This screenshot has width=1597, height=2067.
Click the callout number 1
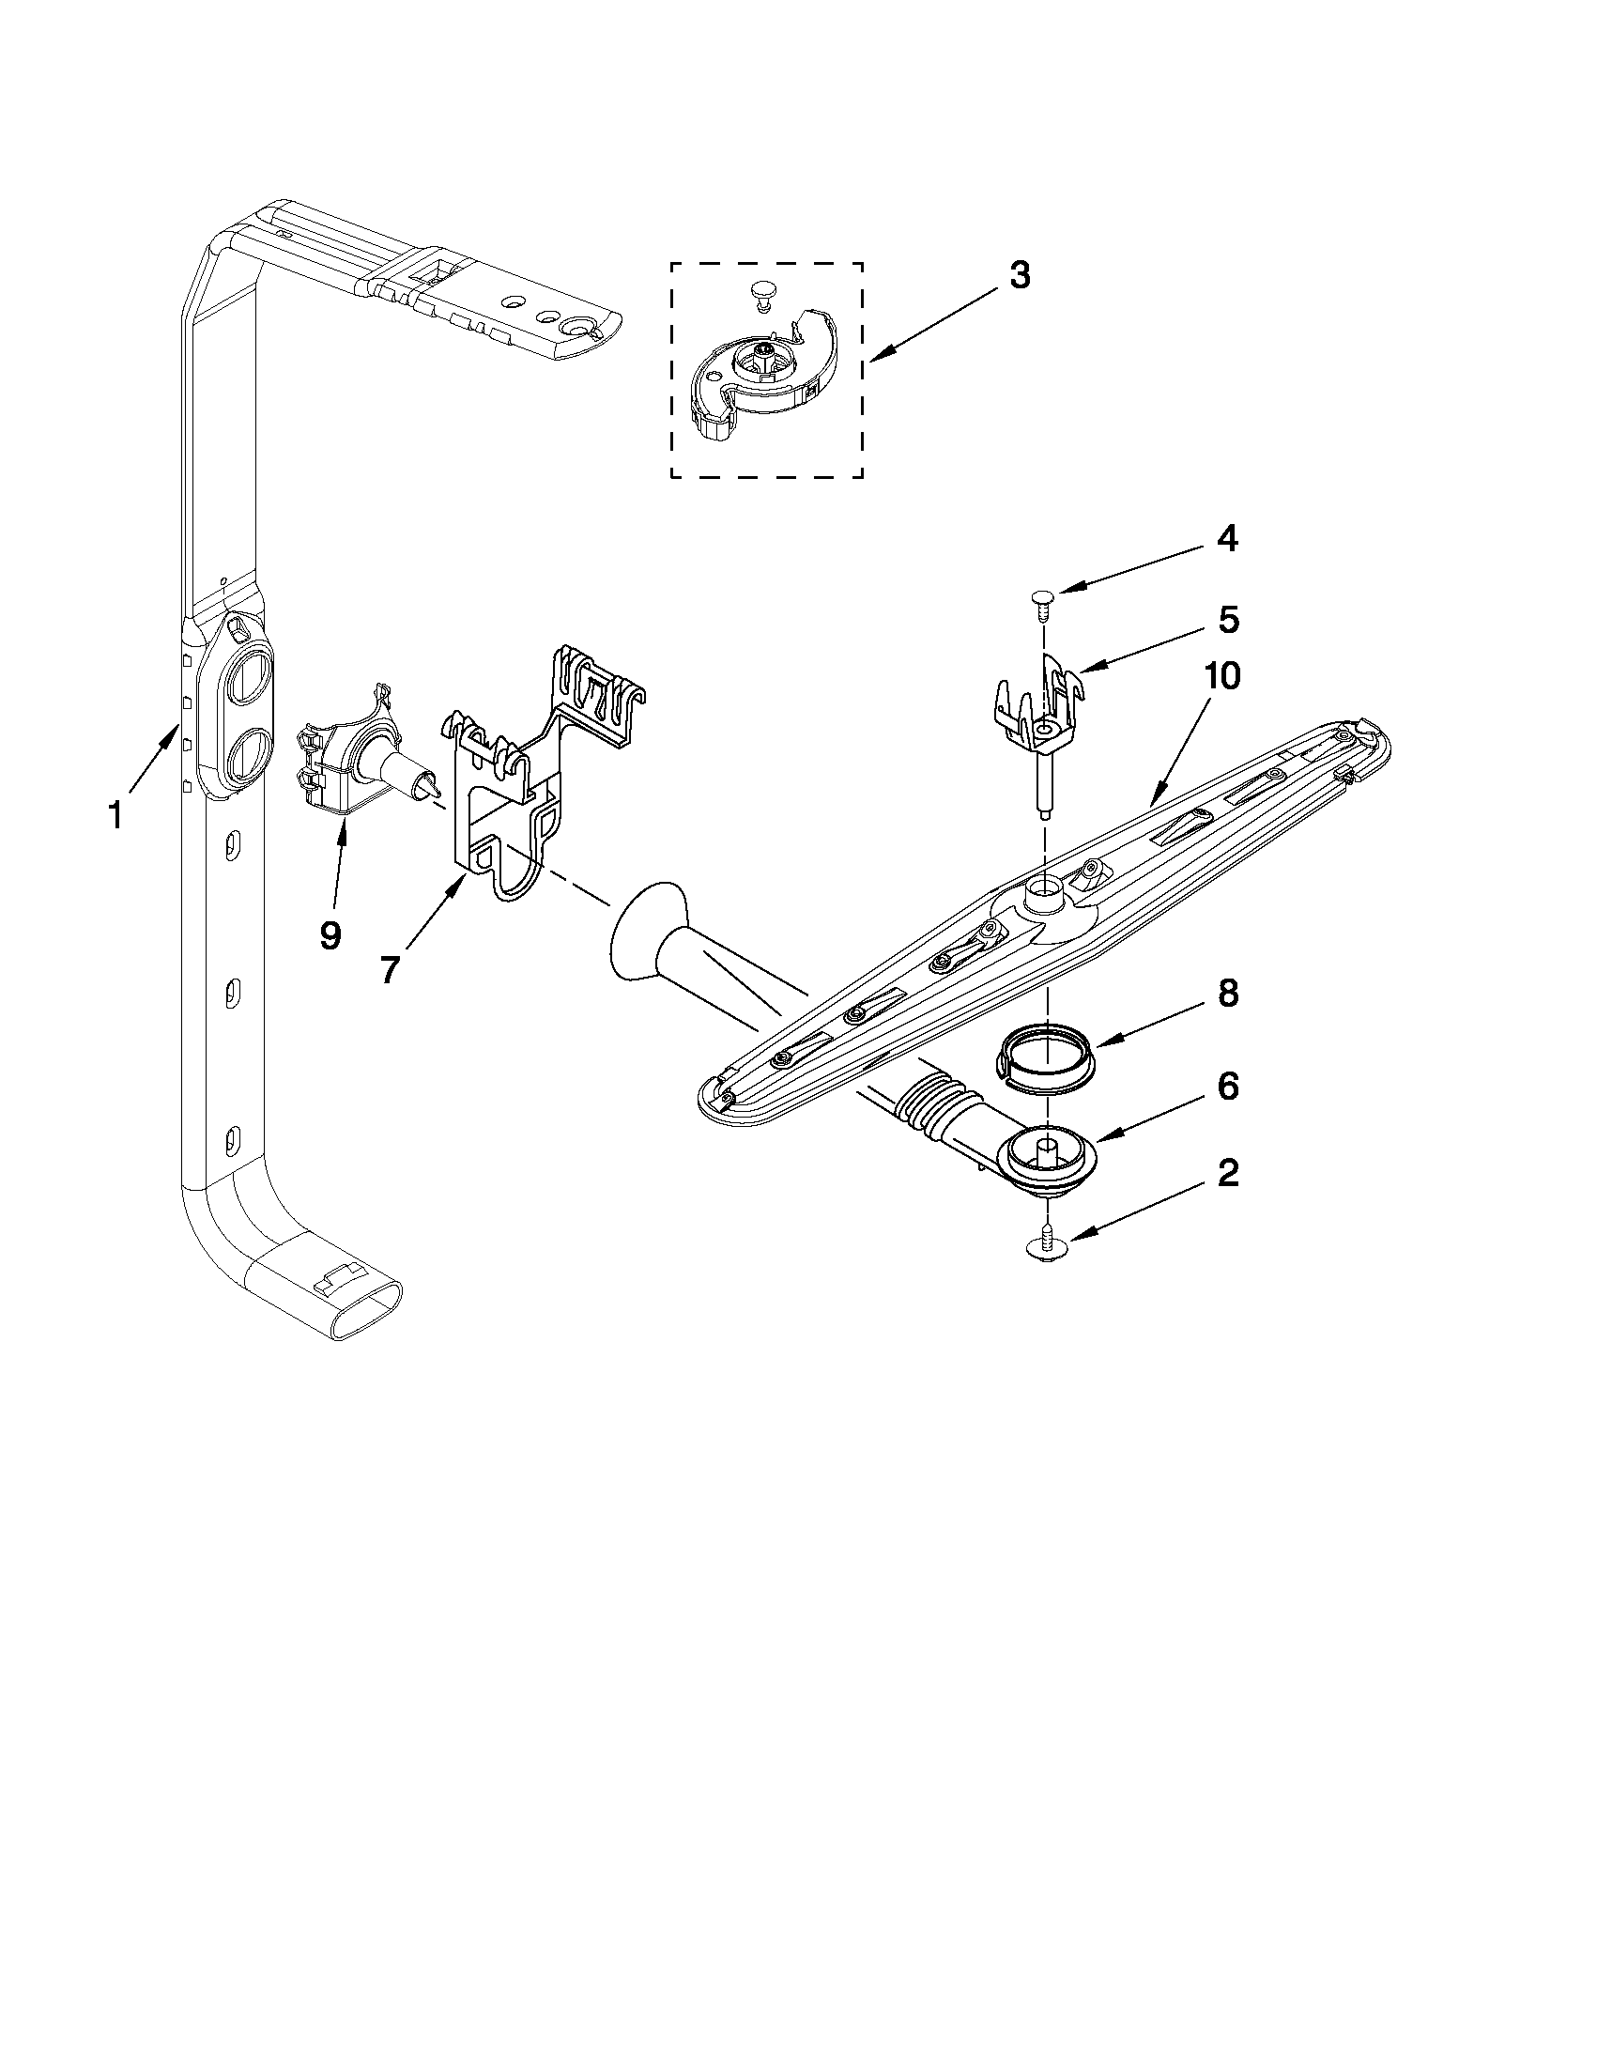tap(115, 815)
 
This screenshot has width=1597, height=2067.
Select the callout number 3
tap(1019, 276)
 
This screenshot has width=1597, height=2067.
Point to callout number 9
tap(330, 935)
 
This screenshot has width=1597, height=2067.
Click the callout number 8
tap(1227, 995)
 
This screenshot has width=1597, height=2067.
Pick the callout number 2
tap(1227, 1174)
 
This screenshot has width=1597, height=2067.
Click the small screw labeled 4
tap(1041, 600)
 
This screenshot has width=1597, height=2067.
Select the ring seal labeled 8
tap(1046, 1055)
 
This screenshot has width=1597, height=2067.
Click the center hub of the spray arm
tap(1045, 892)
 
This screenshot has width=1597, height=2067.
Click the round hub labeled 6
tap(1049, 1156)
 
